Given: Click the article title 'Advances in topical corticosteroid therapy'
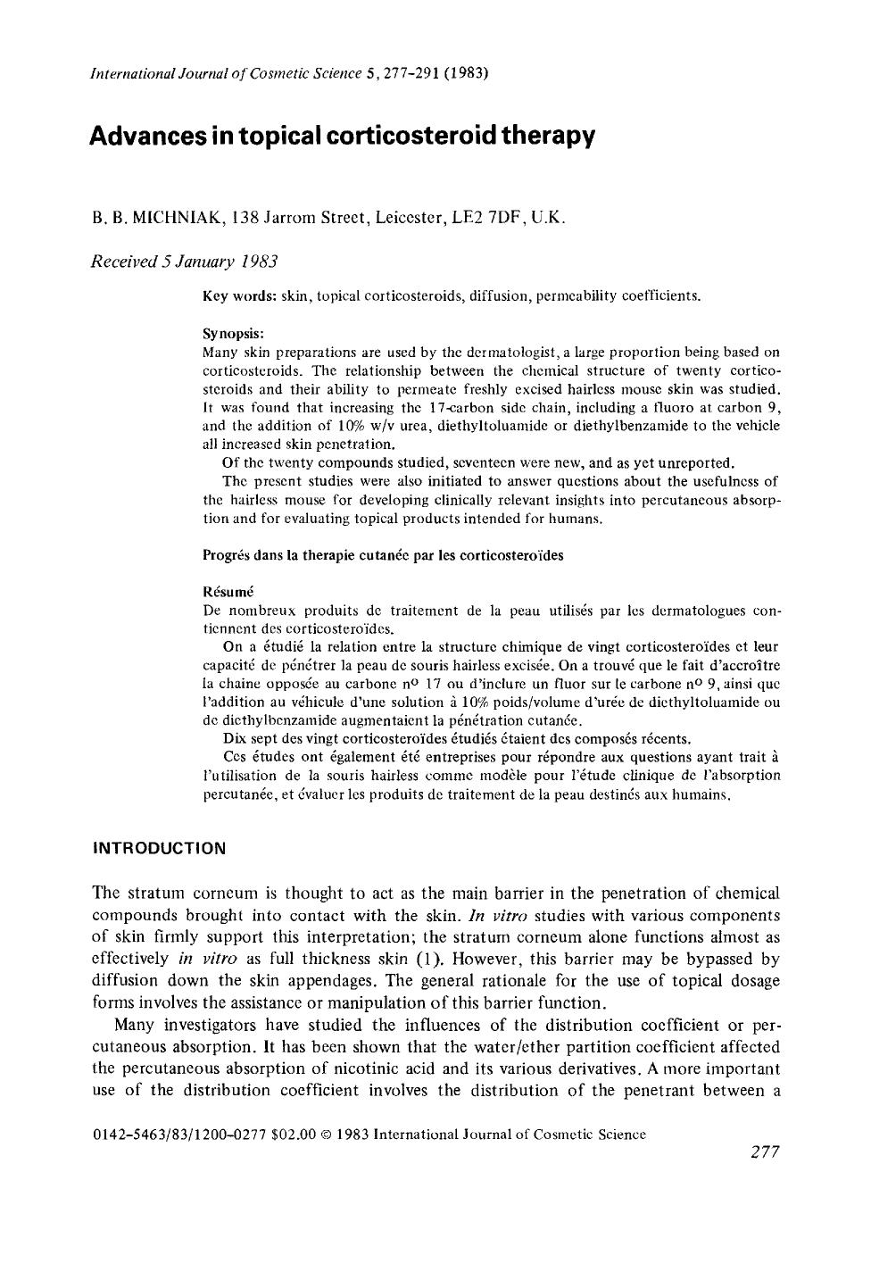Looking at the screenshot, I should tap(342, 137).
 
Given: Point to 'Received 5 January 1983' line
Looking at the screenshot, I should tap(185, 262).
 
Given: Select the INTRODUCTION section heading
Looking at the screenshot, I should tap(160, 848).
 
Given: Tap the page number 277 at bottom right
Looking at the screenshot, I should tap(765, 1152).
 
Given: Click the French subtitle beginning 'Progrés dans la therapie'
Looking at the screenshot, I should tap(384, 554).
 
